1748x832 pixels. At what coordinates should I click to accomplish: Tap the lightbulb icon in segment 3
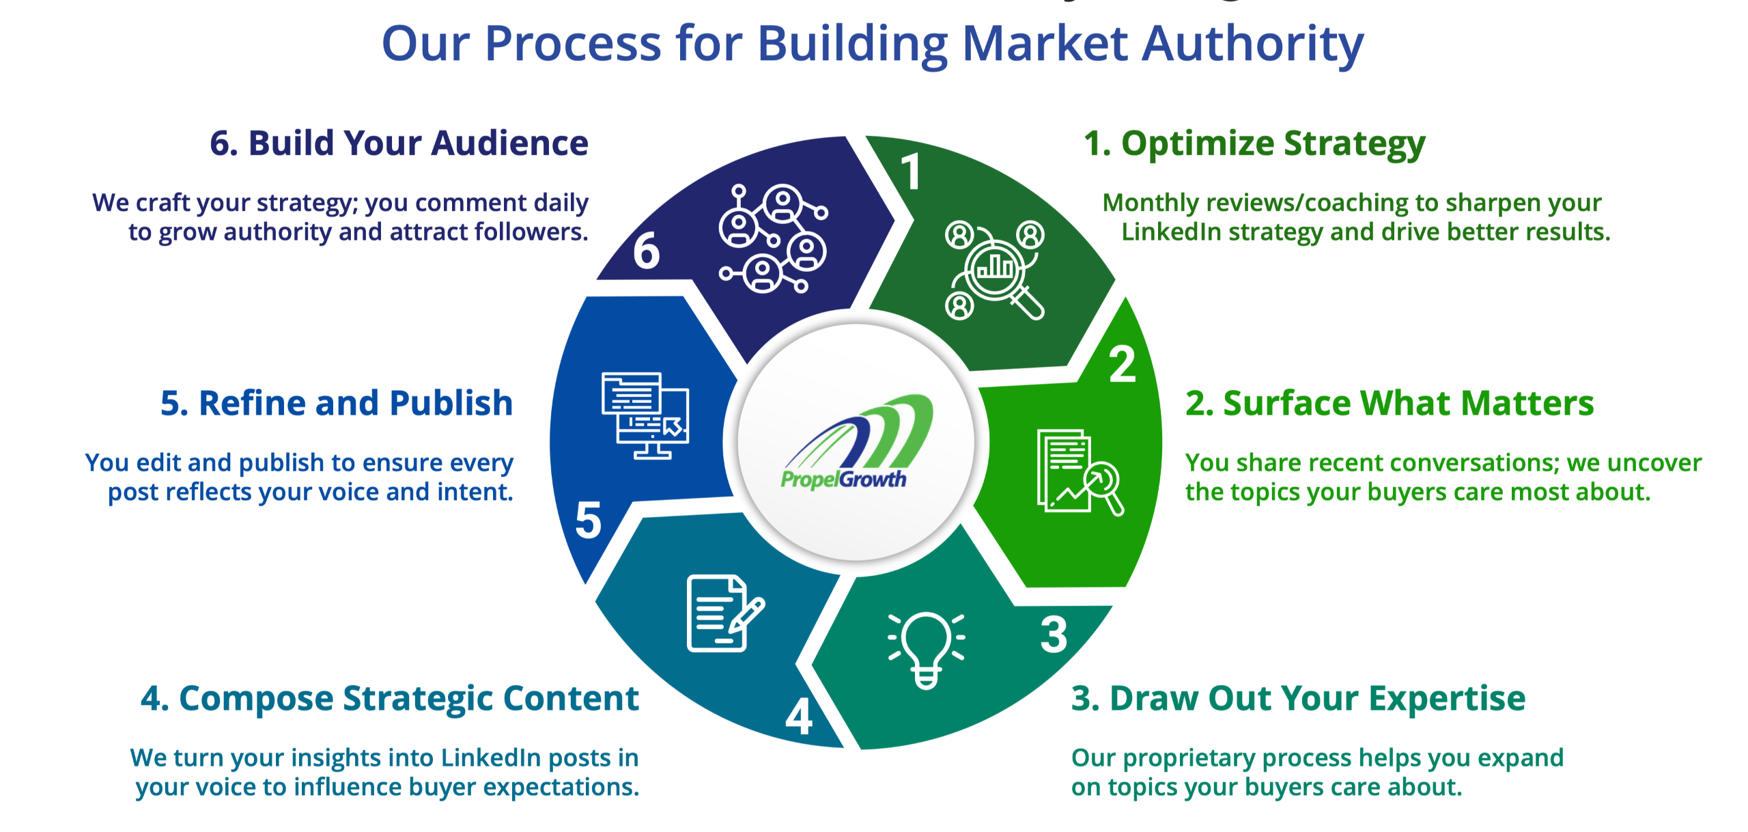point(926,649)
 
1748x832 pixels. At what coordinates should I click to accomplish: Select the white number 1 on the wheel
point(912,171)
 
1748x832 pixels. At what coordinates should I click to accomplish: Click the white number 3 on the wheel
point(1054,635)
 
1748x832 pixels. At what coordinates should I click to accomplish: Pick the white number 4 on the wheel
point(800,717)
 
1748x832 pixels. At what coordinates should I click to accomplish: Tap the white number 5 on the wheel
point(589,521)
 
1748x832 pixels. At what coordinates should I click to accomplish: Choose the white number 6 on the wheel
point(646,251)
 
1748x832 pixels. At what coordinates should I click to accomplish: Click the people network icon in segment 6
point(773,238)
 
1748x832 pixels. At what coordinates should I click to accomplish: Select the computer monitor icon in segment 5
point(645,415)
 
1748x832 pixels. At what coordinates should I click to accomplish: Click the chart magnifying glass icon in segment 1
point(995,270)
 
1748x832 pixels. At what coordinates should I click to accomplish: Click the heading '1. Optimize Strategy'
point(1254,144)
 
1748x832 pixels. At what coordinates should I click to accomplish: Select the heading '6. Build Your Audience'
point(399,143)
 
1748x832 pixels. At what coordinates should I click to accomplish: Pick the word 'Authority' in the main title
point(1253,44)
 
